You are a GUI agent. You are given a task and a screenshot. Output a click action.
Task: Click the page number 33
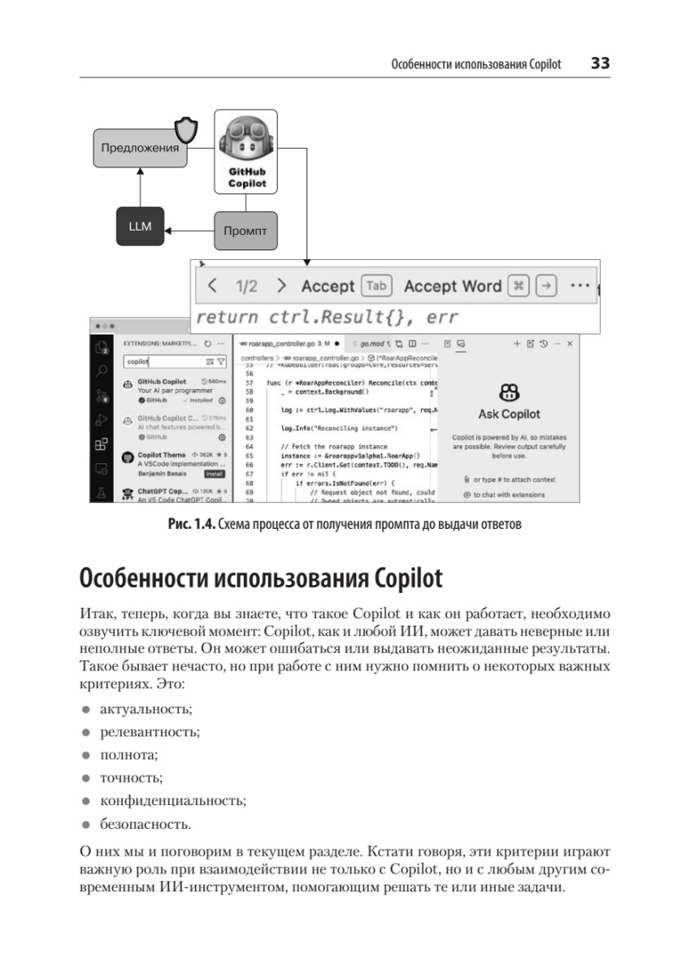600,63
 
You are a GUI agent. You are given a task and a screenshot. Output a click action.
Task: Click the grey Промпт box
245,231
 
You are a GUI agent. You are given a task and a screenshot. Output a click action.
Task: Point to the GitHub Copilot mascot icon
246,141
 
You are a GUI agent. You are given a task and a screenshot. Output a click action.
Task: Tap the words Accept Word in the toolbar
452,286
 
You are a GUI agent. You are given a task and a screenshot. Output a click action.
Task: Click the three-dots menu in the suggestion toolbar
579,286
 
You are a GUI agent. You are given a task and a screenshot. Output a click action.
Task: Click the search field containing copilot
158,362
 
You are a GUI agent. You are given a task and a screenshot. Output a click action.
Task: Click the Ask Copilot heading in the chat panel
509,414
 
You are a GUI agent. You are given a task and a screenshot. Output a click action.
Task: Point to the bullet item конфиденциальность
171,801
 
